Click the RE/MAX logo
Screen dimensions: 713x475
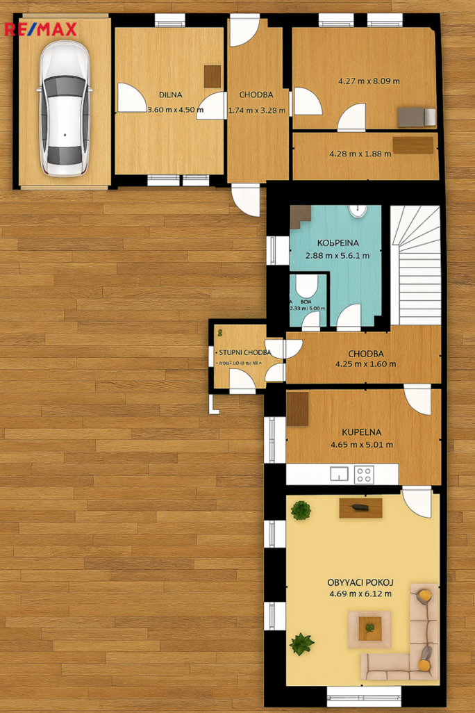40,29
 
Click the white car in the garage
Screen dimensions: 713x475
65,108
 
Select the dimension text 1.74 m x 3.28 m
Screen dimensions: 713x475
256,110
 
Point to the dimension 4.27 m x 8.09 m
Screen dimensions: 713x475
369,81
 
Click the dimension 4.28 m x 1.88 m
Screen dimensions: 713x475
360,154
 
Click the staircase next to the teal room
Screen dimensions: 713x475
416,263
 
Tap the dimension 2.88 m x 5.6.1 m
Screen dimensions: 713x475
337,255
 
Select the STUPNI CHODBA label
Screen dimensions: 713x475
240,352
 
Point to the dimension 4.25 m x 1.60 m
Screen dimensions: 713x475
365,363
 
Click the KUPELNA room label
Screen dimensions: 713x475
361,432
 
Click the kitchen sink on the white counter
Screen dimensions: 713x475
339,474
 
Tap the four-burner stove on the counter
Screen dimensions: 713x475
365,474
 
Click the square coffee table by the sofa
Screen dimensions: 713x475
369,628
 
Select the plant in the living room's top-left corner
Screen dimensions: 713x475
301,511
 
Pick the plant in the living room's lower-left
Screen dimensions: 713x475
301,644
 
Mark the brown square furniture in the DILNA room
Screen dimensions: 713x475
212,76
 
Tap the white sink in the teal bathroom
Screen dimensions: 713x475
358,209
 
